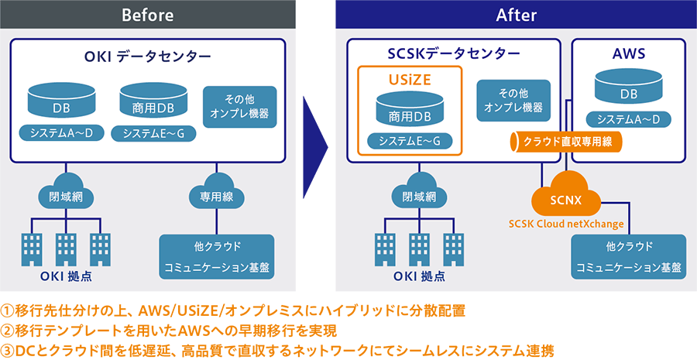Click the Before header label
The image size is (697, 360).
pyautogui.click(x=147, y=15)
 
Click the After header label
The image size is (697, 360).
pyautogui.click(x=516, y=15)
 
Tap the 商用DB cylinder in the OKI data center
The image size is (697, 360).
pyautogui.click(x=147, y=101)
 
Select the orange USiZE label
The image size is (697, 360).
pyautogui.click(x=409, y=80)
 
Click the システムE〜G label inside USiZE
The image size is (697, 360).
pyautogui.click(x=409, y=141)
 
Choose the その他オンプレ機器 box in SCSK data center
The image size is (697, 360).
pyautogui.click(x=513, y=100)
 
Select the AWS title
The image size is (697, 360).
pyautogui.click(x=628, y=54)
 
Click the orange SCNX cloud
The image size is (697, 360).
pyautogui.click(x=566, y=200)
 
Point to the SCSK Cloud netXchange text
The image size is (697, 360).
pyautogui.click(x=566, y=225)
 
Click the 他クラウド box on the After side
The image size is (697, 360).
pyautogui.click(x=628, y=256)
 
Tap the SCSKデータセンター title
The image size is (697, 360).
pyautogui.click(x=454, y=53)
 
